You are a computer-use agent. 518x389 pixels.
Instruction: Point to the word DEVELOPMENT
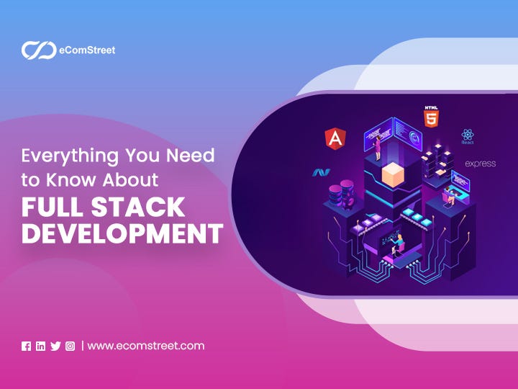(x=122, y=234)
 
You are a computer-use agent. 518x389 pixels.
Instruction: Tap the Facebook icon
(x=27, y=346)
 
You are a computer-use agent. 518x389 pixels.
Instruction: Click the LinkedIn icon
(x=40, y=346)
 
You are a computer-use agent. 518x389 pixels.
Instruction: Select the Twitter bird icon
(x=55, y=346)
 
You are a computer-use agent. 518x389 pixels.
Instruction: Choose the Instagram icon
(x=70, y=346)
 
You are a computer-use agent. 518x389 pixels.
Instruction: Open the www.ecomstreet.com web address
(x=146, y=346)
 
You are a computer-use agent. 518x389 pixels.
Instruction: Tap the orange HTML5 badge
(x=430, y=116)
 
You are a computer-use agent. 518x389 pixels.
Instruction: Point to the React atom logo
(x=468, y=135)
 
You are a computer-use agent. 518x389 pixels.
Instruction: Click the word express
(x=480, y=164)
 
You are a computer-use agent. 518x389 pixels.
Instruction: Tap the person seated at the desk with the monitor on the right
(x=452, y=191)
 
